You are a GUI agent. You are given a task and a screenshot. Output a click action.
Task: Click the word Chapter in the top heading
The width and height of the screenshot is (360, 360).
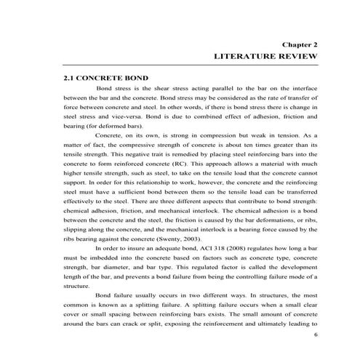click(293, 44)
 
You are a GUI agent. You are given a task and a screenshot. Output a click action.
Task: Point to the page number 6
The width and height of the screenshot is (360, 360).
click(315, 335)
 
